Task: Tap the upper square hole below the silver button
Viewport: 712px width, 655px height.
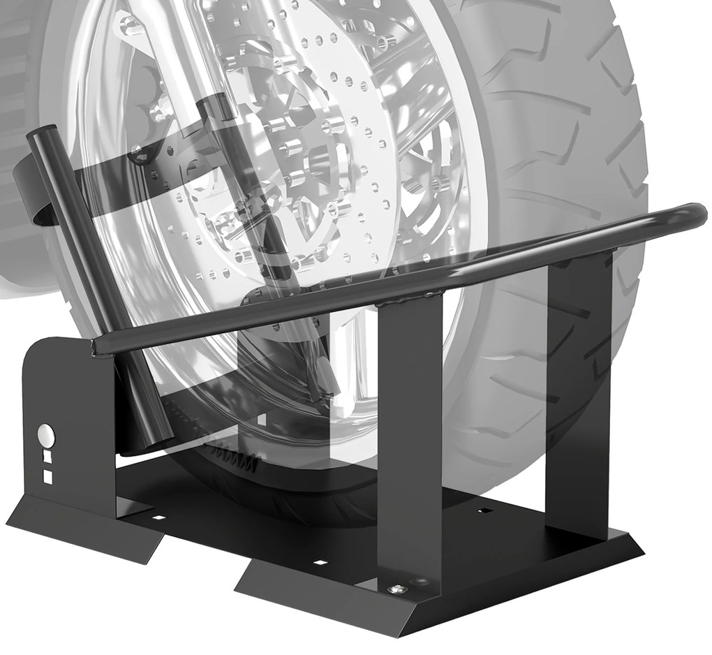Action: [x=47, y=455]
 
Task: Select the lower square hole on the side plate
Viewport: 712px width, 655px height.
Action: [x=47, y=476]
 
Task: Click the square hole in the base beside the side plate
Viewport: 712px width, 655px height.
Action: [x=161, y=518]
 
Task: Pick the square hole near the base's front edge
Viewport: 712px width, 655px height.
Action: [x=320, y=561]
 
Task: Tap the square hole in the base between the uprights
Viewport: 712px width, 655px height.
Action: [x=481, y=512]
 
